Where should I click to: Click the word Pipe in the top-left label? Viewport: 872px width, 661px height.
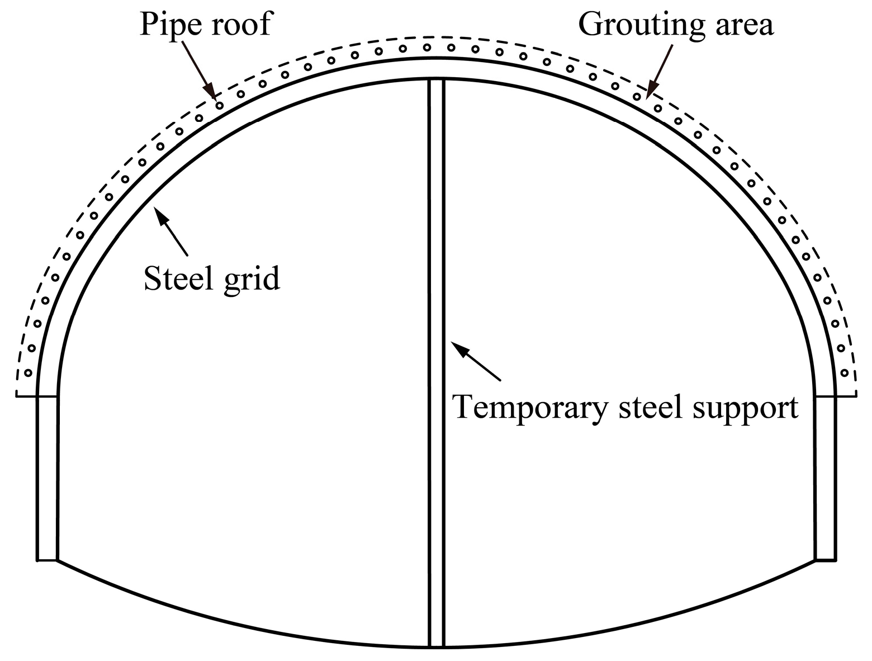coord(167,25)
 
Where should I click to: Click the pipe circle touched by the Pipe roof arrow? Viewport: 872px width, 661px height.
coord(220,105)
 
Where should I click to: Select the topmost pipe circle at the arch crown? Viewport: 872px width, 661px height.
coord(426,48)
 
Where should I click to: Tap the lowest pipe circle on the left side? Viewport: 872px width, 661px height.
coord(28,372)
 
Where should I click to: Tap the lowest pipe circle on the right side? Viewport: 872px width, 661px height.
coord(845,372)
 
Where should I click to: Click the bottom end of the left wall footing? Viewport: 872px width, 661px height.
coord(47,559)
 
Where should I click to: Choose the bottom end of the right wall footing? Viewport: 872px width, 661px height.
coord(825,559)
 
